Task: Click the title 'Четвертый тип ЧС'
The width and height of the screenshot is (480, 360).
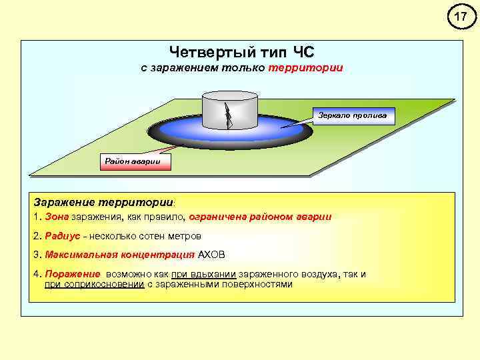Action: pyautogui.click(x=241, y=52)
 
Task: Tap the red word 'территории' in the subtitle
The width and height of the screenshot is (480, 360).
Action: pyautogui.click(x=306, y=69)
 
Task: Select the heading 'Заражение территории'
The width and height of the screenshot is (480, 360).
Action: pyautogui.click(x=103, y=201)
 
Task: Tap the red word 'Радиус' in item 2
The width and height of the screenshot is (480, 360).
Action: pyautogui.click(x=61, y=236)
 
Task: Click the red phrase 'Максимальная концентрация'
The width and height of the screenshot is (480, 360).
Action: pyautogui.click(x=120, y=255)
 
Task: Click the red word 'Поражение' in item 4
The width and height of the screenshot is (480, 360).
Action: pyautogui.click(x=73, y=275)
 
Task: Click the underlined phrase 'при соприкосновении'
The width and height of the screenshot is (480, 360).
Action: pyautogui.click(x=94, y=284)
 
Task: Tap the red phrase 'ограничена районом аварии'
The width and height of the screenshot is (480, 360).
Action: pyautogui.click(x=260, y=217)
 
